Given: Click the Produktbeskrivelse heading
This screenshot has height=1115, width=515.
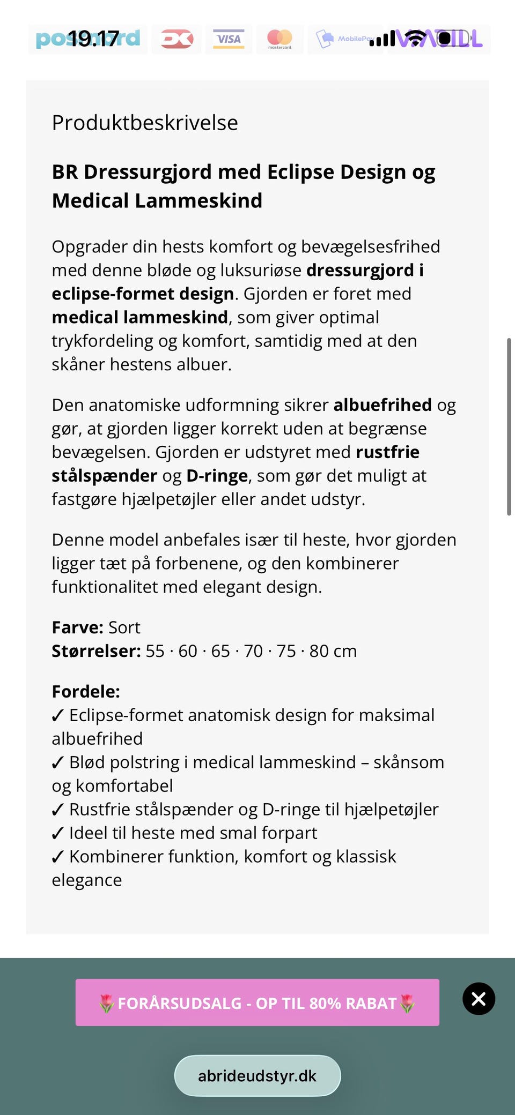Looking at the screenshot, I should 145,123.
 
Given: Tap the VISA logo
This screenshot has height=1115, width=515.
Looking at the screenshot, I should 229,39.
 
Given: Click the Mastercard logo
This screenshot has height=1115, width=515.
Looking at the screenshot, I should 279,39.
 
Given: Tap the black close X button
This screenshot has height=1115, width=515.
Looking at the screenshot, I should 479,999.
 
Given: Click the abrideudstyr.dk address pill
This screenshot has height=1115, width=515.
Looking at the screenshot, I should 257,1076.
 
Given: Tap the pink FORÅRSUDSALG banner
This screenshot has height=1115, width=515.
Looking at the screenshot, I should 257,1002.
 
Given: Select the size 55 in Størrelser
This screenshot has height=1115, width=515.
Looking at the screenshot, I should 155,651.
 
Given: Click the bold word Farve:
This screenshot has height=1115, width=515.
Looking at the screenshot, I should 77,627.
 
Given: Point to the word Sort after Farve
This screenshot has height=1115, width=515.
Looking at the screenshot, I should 124,627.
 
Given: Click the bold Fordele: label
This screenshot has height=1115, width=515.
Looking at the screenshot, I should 86,692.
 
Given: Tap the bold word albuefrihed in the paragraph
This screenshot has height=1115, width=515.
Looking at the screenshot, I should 382,405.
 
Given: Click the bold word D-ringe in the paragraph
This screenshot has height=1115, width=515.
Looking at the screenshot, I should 217,476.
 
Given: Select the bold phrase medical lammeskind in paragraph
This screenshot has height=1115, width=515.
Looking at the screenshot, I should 139,317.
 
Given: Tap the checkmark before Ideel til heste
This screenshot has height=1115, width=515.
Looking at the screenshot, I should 58,834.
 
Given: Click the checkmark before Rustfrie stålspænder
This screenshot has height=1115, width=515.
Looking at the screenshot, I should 58,810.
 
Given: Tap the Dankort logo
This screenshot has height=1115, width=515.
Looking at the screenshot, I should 177,39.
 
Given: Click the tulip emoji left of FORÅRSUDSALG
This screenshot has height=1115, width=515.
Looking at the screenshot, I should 107,1003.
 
